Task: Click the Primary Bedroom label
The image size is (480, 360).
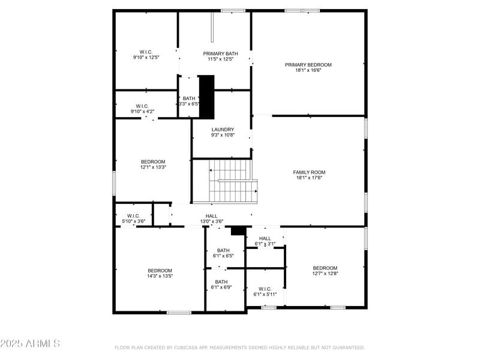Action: (x=308, y=65)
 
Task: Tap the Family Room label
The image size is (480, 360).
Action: (x=309, y=172)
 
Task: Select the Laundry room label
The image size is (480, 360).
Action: (x=222, y=130)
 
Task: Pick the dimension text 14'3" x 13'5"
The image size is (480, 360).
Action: (x=160, y=276)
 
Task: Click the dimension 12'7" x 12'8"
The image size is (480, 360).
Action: (x=325, y=274)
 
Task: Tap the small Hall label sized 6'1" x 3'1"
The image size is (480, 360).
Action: (x=265, y=238)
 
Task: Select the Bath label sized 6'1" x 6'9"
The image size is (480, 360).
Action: (x=221, y=281)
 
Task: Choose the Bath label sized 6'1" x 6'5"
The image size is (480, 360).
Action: (x=223, y=250)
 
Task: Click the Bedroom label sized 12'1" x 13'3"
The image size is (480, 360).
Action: (x=153, y=161)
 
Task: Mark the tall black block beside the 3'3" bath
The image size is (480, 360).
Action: (x=207, y=97)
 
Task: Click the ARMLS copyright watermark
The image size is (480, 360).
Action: (x=30, y=344)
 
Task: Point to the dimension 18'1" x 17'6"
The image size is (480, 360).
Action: (x=309, y=178)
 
